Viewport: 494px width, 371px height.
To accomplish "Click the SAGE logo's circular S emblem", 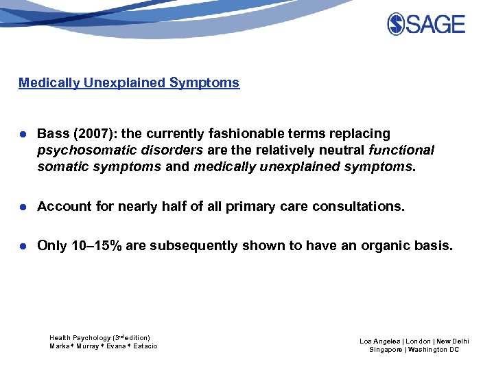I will tap(397, 24).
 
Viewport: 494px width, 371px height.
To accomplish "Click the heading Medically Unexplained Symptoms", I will tap(129, 83).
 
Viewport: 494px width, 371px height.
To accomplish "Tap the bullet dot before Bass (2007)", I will tap(23, 134).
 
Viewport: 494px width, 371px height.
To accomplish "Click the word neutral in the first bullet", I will tap(337, 150).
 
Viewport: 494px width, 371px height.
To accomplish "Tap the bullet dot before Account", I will tap(23, 207).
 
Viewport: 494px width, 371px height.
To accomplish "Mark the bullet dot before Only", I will tap(23, 246).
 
